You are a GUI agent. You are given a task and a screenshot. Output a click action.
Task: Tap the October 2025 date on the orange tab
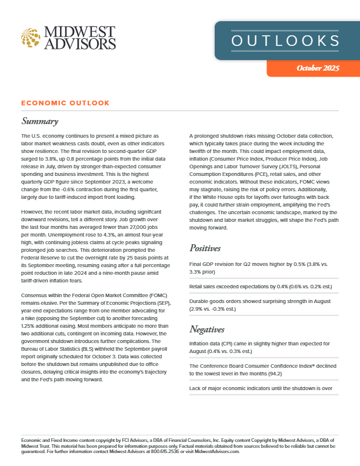point(318,68)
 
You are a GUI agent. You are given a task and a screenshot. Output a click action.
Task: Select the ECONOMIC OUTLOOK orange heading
point(65,103)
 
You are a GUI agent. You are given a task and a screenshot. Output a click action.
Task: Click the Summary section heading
point(40,122)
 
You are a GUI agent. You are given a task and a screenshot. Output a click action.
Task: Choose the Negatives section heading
point(211,328)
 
